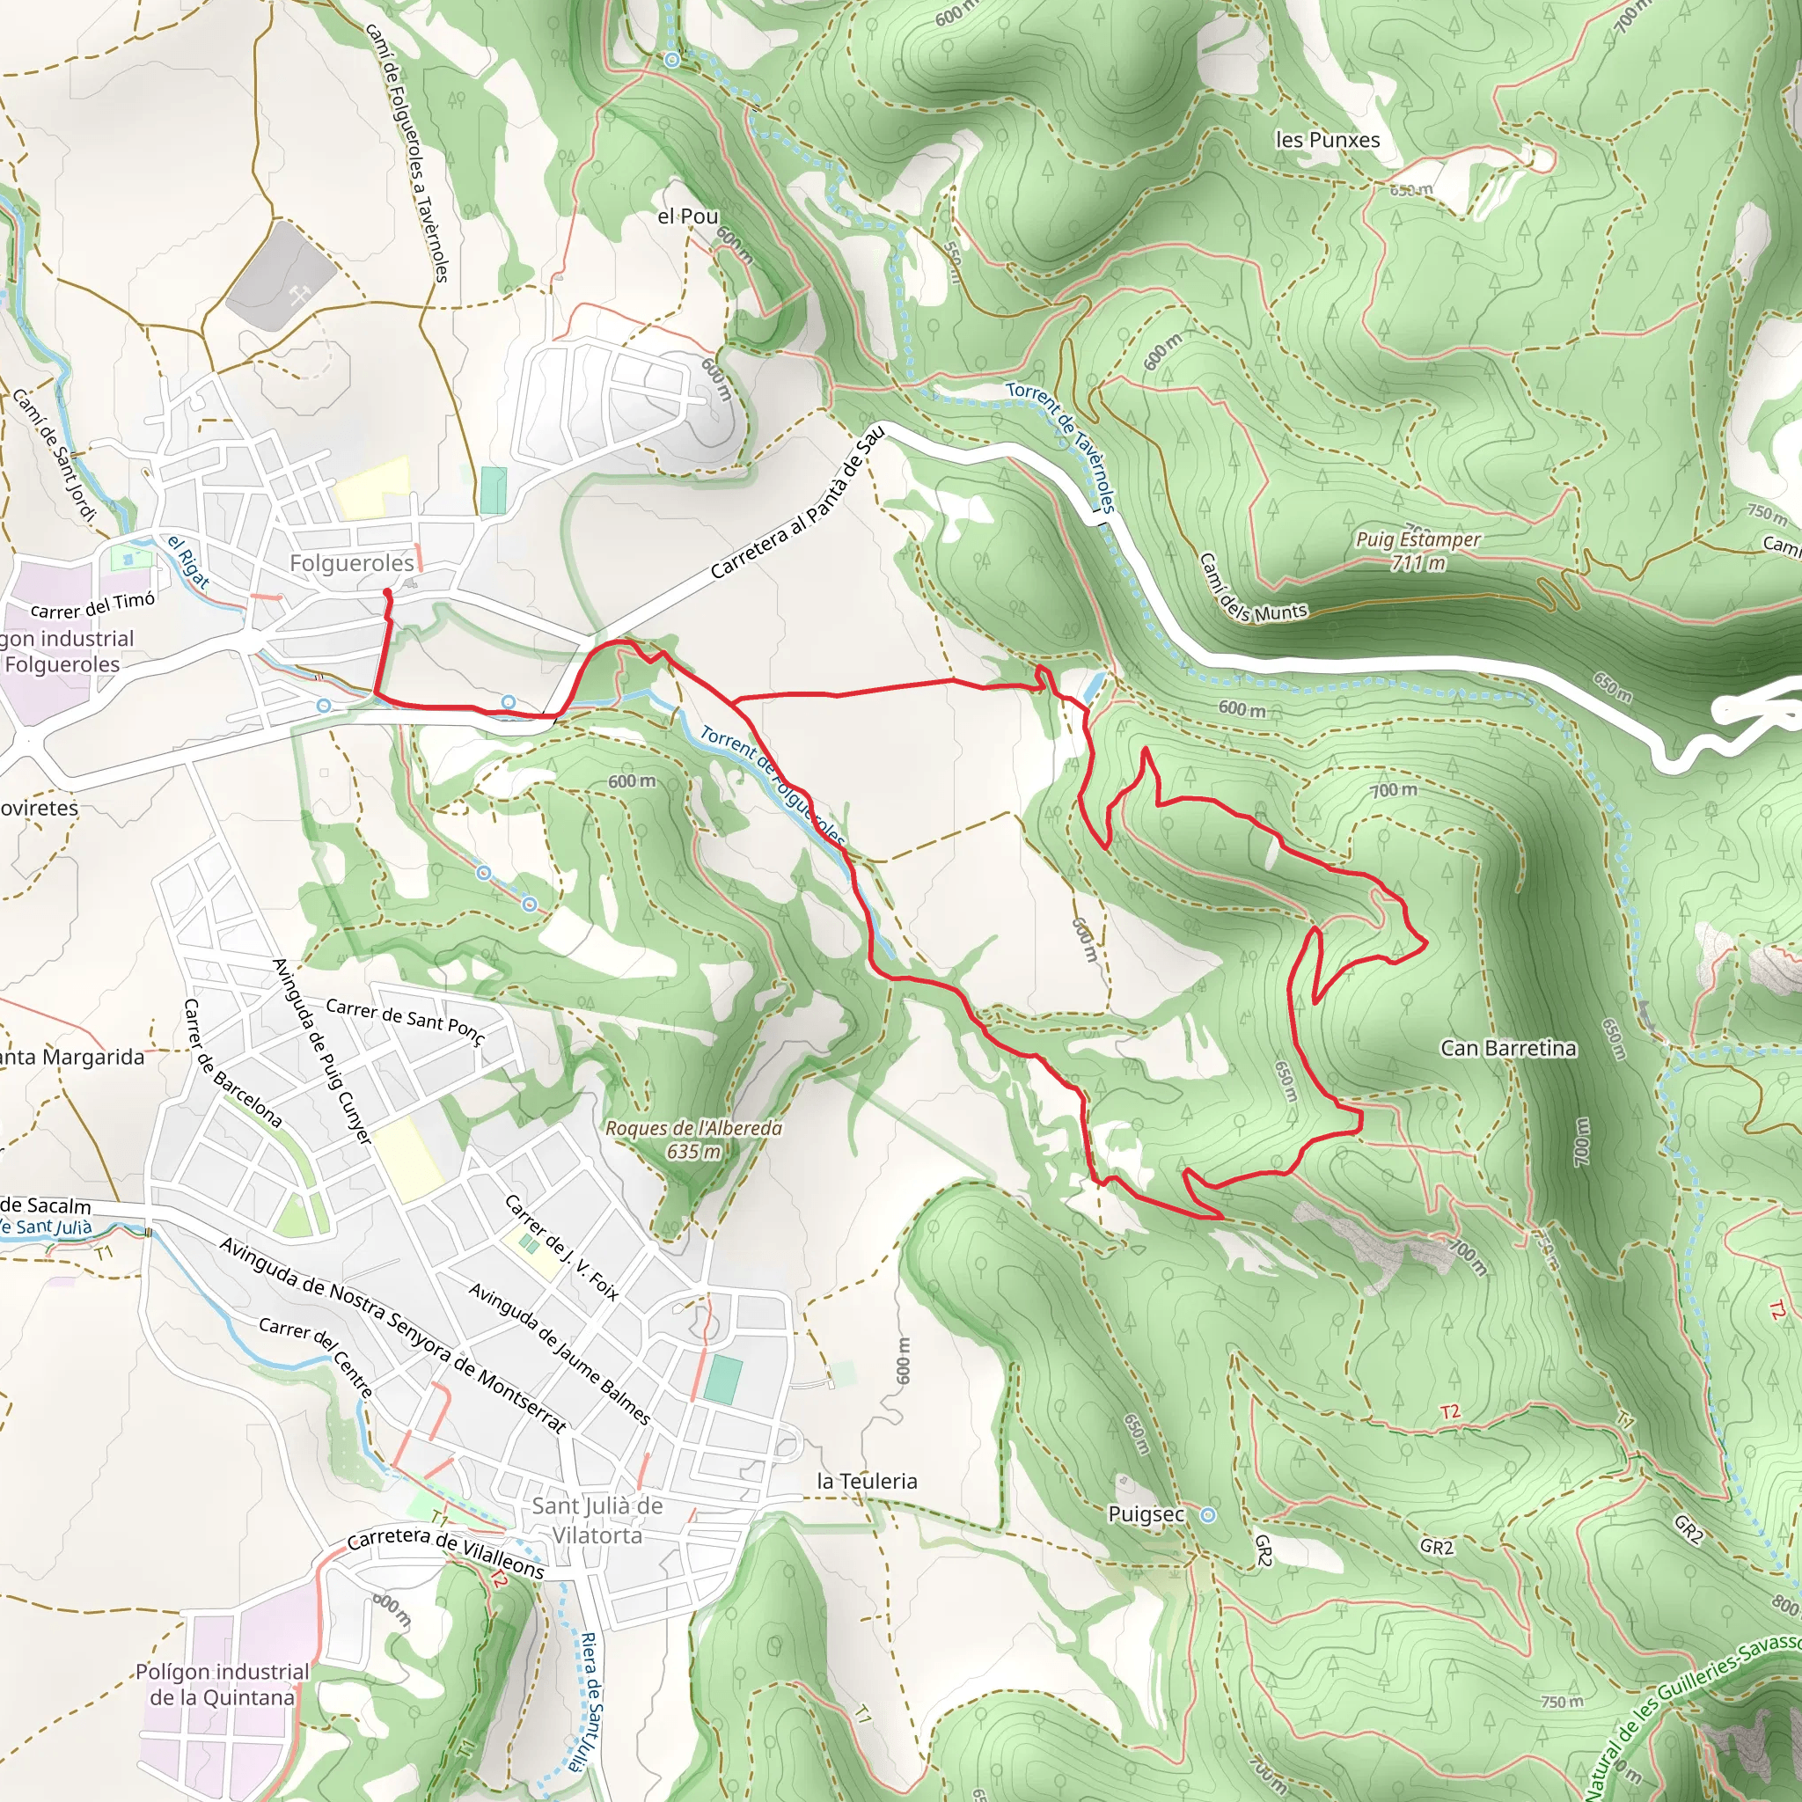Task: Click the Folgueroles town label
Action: pyautogui.click(x=351, y=563)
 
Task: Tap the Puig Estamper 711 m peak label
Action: pyautogui.click(x=1417, y=551)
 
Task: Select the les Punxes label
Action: pyautogui.click(x=1327, y=140)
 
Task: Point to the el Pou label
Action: pyautogui.click(x=687, y=216)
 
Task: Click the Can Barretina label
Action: pyautogui.click(x=1508, y=1048)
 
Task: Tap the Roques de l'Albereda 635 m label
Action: pyautogui.click(x=694, y=1139)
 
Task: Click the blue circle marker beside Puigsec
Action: pyautogui.click(x=1208, y=1515)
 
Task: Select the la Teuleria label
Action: pyautogui.click(x=867, y=1481)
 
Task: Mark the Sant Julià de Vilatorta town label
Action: pyautogui.click(x=597, y=1520)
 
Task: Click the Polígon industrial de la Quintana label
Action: pyautogui.click(x=222, y=1684)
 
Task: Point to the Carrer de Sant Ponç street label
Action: pyautogui.click(x=406, y=1022)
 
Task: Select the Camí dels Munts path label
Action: pyautogui.click(x=1252, y=590)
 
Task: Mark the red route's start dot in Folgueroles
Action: pyautogui.click(x=387, y=592)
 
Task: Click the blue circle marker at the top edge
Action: pyautogui.click(x=672, y=61)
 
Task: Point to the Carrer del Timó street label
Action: pyautogui.click(x=92, y=605)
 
